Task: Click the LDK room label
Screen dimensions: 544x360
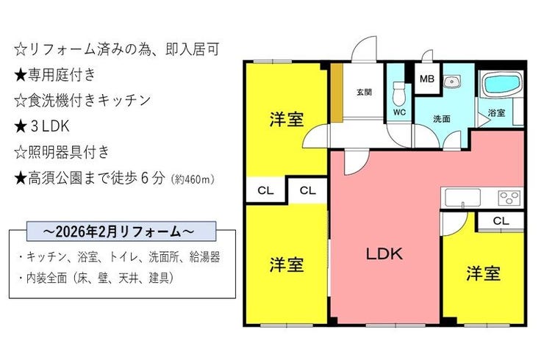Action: coord(384,254)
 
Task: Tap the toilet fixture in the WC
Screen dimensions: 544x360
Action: coord(399,93)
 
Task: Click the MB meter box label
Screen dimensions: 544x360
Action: coord(427,79)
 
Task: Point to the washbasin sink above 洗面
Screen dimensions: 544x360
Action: coord(451,82)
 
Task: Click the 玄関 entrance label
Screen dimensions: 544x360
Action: coord(365,92)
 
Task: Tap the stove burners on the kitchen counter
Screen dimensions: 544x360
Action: coord(510,198)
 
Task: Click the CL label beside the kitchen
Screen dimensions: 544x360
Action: coord(501,221)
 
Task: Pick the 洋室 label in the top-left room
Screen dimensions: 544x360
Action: coord(287,119)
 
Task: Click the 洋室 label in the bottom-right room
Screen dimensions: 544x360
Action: coord(483,273)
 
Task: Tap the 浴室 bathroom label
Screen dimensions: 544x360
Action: coord(496,112)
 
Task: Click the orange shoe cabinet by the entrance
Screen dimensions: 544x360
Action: coord(337,93)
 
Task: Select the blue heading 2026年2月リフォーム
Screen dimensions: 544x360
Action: coord(121,231)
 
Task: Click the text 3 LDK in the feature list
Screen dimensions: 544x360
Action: coord(50,126)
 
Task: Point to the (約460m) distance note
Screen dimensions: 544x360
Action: coord(193,179)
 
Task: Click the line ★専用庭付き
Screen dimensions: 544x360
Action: coord(55,75)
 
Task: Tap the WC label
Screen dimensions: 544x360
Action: coord(399,112)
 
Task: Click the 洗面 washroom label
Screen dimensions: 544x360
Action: coord(442,118)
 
